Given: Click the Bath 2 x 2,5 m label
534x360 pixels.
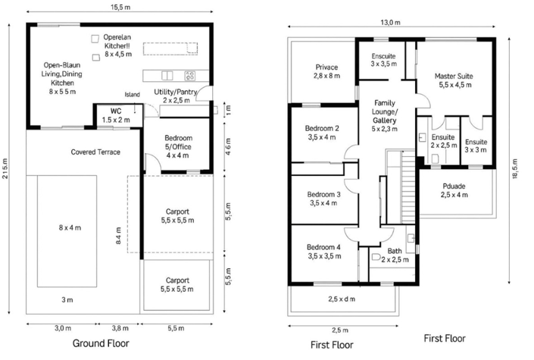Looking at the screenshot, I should click(x=395, y=255).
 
